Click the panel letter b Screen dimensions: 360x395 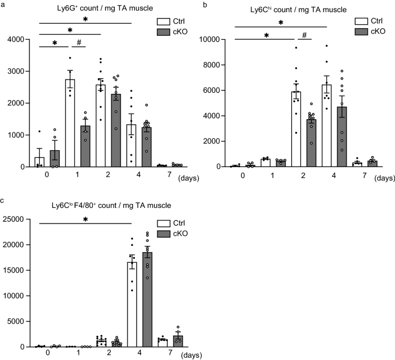click(204, 4)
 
